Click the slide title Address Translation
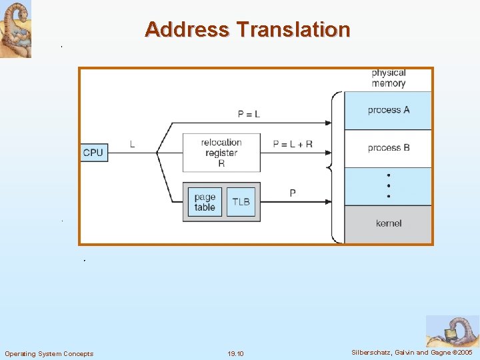(x=247, y=29)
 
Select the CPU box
(x=93, y=153)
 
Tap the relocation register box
(x=221, y=153)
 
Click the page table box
(x=205, y=201)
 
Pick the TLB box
(x=241, y=201)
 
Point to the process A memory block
(x=388, y=110)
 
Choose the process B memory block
(x=388, y=148)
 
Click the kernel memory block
(x=388, y=224)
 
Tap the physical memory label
(x=389, y=78)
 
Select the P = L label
(x=249, y=114)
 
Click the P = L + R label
(x=293, y=144)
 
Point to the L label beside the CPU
(x=132, y=144)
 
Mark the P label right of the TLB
(x=293, y=193)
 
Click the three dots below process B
(x=389, y=187)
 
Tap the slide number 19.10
(x=235, y=353)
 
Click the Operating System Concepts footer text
(x=49, y=353)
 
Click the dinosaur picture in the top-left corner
(x=15, y=29)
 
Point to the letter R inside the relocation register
(x=221, y=163)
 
